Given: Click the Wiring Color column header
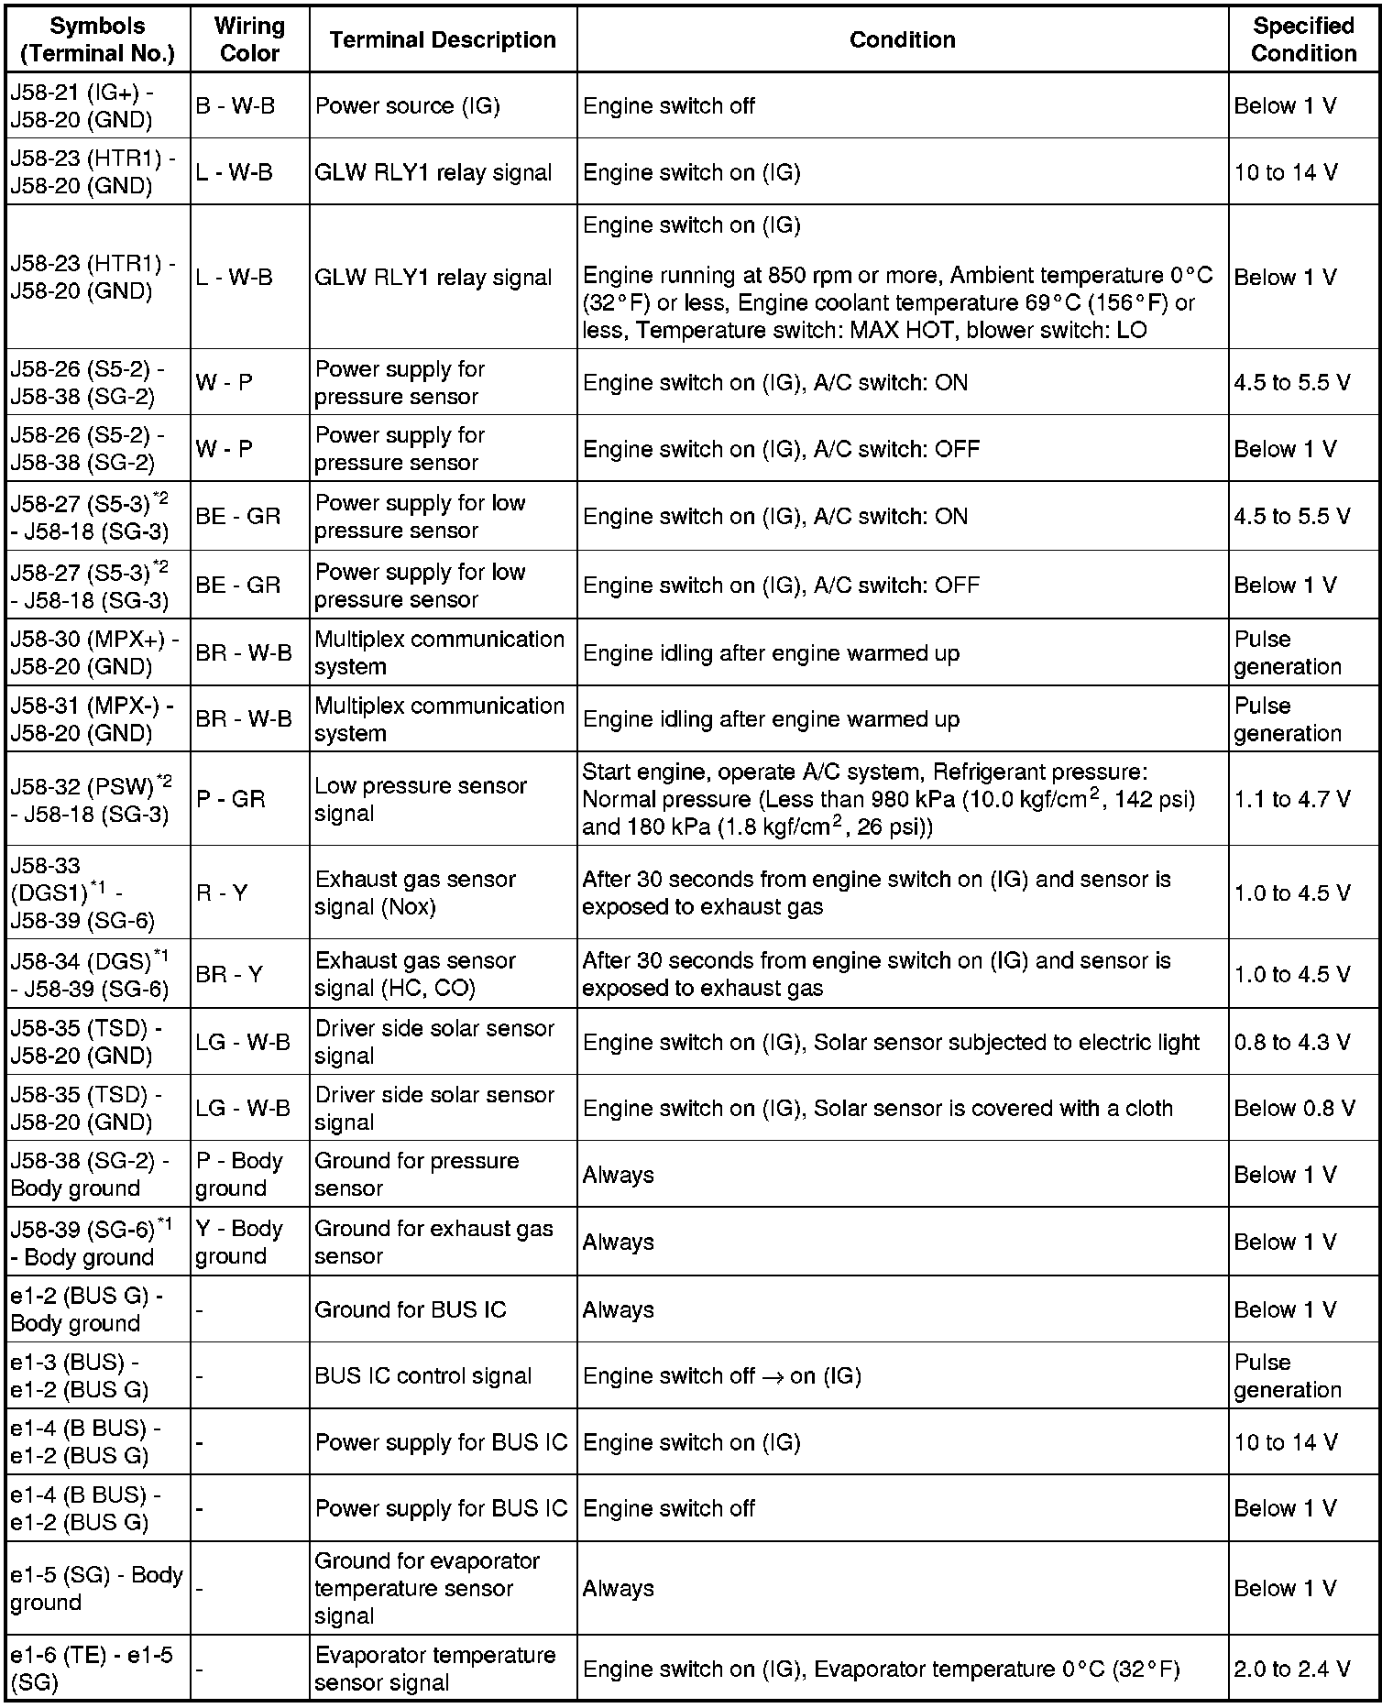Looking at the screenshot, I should coord(249,39).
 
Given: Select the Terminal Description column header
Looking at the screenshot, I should coord(443,39).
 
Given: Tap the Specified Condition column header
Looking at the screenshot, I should coord(1303,39).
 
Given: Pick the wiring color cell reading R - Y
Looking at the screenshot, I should coord(222,892).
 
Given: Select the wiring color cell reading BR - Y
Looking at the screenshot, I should coord(229,974).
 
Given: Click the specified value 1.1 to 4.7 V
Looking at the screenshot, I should coord(1291,799).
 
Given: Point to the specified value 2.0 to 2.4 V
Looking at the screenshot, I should coord(1291,1669).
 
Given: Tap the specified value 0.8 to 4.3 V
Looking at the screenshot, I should coord(1291,1042).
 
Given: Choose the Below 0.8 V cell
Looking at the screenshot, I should coord(1293,1108).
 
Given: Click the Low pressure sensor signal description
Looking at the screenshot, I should coord(420,799).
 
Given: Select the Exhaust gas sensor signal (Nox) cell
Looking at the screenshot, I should coord(415,892).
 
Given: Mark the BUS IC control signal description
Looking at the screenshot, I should coord(422,1375).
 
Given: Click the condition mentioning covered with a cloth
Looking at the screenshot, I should coord(877,1108).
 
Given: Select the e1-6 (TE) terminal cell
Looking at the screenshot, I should coord(91,1669).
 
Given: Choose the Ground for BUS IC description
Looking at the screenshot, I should coord(410,1309).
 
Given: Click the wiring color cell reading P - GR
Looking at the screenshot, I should coord(230,799).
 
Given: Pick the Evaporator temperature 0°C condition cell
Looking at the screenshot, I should coord(881,1669).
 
